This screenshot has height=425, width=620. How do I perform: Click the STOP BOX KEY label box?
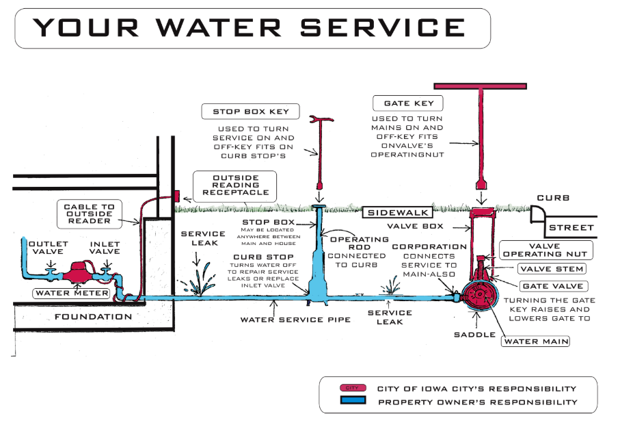251,112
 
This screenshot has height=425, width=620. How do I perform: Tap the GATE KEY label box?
408,104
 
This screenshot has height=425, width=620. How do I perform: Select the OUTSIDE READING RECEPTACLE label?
235,184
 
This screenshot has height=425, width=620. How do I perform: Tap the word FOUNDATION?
93,317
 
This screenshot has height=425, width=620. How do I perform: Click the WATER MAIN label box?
536,340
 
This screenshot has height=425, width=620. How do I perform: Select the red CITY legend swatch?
353,388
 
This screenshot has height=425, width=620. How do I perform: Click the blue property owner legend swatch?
353,402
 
